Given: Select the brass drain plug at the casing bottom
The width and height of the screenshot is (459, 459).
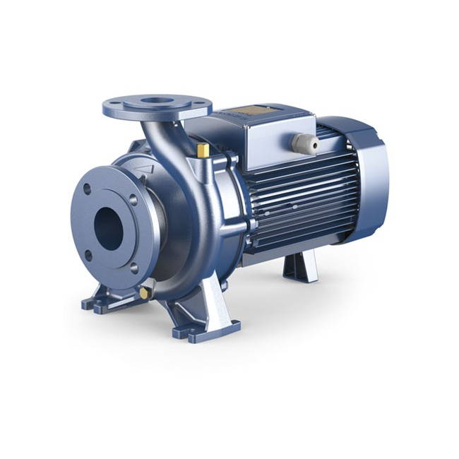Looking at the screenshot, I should click(145, 292).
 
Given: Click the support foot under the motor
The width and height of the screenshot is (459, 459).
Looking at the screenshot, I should click(297, 268).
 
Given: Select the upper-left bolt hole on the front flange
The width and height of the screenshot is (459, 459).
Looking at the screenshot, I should click(87, 189).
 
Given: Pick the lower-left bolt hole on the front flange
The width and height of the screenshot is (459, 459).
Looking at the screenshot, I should click(89, 256).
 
